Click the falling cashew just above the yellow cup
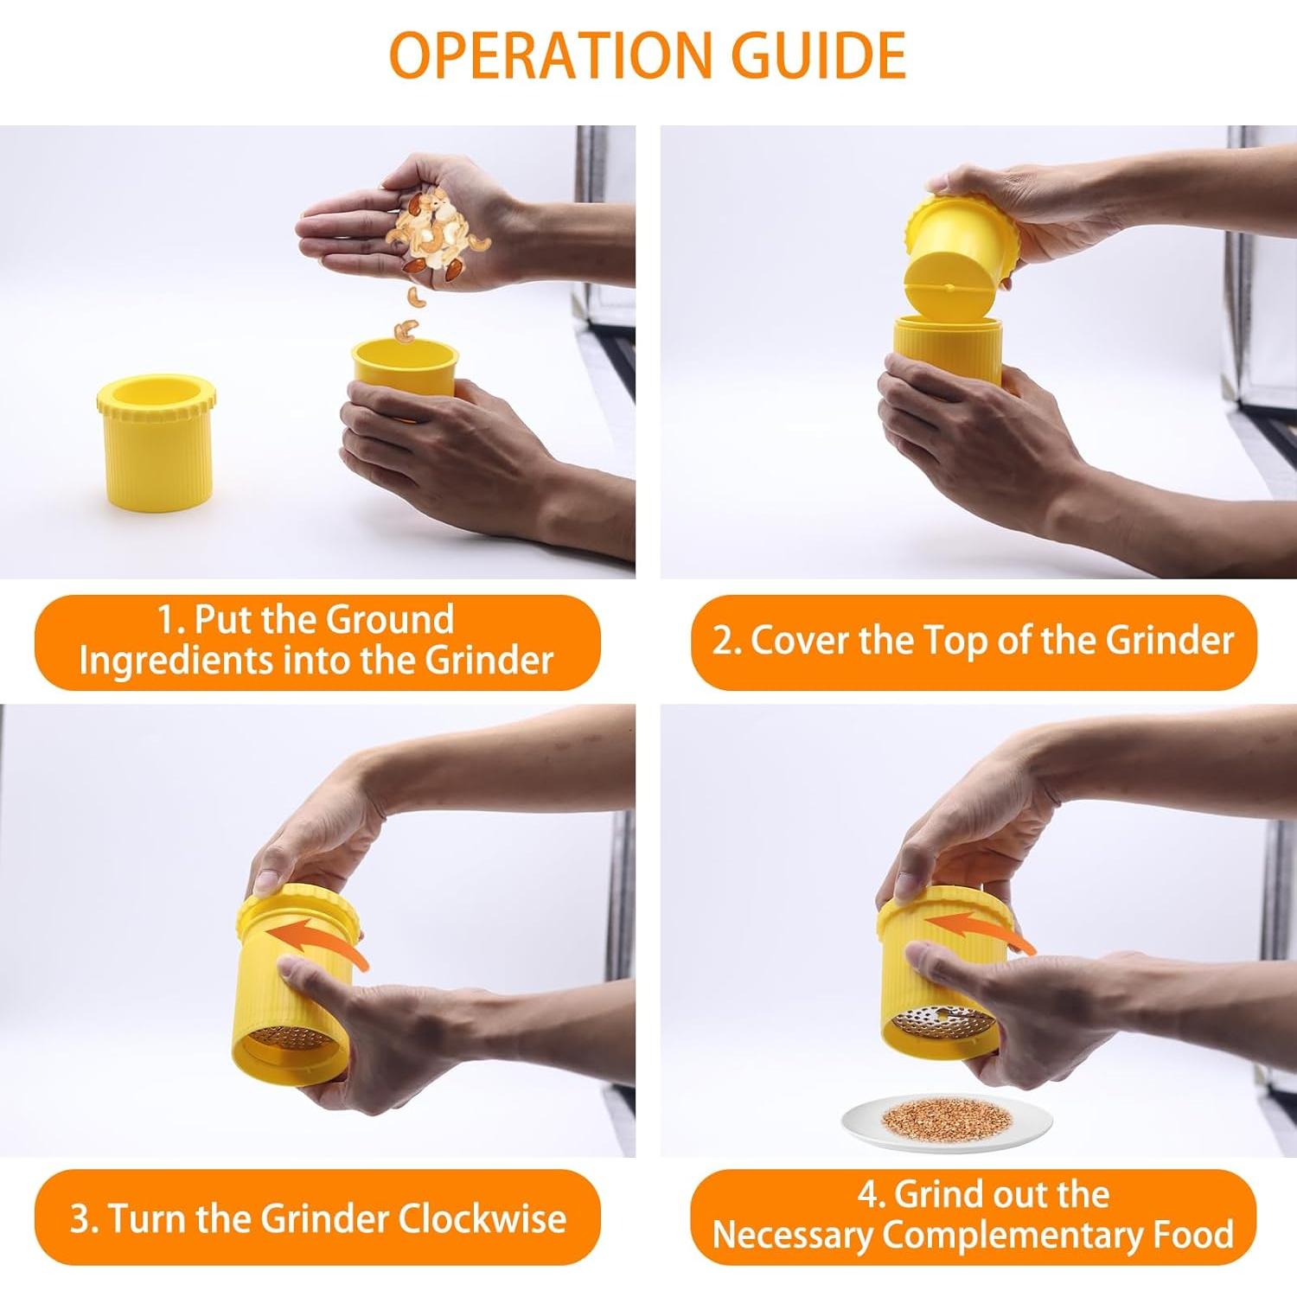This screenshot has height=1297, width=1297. click(406, 329)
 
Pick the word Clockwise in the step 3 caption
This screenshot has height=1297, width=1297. click(482, 1219)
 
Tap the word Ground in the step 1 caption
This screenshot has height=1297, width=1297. click(391, 620)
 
